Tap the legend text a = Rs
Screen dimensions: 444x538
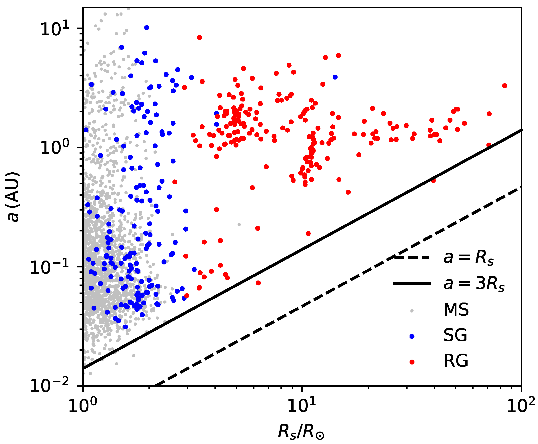(468, 258)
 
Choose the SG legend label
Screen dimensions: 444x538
(455, 335)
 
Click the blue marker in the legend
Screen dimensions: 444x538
(412, 336)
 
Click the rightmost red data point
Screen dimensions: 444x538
(504, 86)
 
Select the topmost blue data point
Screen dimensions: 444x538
(147, 28)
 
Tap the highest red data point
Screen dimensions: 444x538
(200, 38)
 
